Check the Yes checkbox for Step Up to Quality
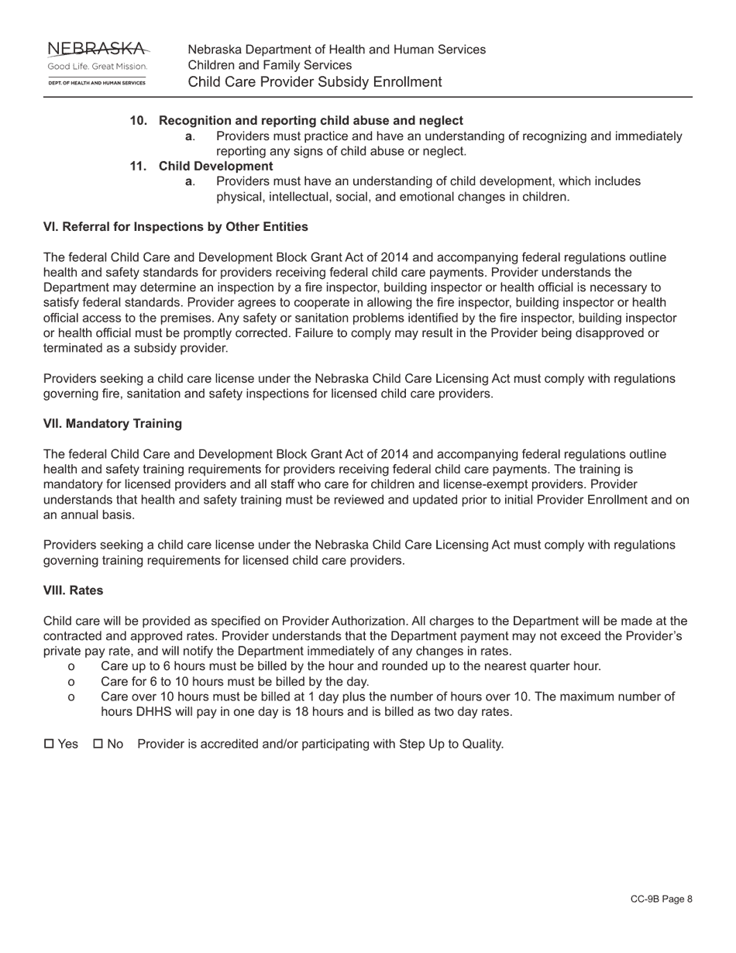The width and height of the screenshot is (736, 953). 50,744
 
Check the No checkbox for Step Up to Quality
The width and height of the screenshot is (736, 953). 98,744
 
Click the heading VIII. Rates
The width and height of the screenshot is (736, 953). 73,590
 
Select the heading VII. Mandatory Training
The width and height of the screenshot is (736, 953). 112,424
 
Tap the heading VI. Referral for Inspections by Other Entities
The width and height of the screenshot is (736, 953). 175,227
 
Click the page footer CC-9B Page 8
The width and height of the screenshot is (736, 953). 661,899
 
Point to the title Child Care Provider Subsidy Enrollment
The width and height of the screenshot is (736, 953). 315,82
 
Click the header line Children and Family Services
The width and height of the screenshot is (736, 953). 270,66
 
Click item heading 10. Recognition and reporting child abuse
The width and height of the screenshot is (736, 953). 297,121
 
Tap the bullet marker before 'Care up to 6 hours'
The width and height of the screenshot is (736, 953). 72,666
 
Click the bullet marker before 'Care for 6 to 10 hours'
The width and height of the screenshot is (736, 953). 72,682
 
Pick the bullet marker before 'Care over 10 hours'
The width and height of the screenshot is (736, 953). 72,697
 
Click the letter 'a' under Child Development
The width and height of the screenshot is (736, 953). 188,181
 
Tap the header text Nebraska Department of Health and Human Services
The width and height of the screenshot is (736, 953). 337,50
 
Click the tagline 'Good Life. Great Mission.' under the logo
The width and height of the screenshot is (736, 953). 98,67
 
